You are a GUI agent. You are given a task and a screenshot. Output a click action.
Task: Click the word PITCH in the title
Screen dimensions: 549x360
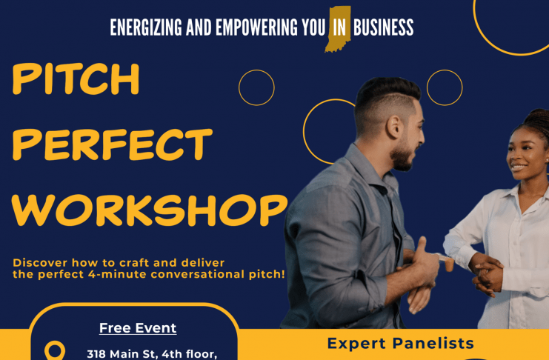point(76,79)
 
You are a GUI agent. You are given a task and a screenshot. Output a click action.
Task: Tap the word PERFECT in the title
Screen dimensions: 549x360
point(113,144)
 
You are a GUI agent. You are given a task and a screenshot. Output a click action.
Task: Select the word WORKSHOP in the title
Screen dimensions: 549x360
point(150,210)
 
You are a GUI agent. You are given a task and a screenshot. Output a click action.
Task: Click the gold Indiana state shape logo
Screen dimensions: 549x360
point(338,29)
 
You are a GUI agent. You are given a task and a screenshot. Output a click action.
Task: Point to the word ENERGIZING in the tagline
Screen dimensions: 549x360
point(146,27)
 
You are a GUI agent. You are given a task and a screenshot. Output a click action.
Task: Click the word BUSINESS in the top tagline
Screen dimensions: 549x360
point(383,27)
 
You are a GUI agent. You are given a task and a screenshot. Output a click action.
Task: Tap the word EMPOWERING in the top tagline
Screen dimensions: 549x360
point(256,27)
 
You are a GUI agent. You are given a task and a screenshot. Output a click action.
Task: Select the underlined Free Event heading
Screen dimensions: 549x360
point(138,328)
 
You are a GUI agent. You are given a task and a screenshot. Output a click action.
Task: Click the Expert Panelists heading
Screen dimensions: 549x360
point(401,343)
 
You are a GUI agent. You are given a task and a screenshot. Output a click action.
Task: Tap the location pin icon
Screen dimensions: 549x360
point(55,350)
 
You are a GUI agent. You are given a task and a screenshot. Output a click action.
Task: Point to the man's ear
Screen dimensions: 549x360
point(394,127)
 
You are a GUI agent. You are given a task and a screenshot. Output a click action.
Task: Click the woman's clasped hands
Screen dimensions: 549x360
point(488,273)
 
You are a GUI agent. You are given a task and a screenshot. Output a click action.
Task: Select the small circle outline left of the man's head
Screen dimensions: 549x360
point(256,70)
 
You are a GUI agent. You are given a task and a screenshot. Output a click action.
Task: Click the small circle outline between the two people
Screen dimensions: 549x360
point(445,70)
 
